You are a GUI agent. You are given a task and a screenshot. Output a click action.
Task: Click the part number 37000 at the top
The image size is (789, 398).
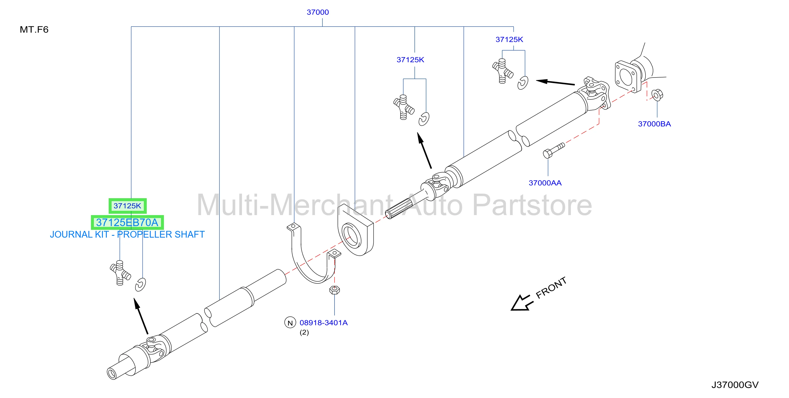pos(318,12)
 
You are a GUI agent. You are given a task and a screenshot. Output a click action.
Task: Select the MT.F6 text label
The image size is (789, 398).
pos(34,30)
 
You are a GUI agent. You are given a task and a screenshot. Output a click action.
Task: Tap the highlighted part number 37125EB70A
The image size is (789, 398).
pos(127,222)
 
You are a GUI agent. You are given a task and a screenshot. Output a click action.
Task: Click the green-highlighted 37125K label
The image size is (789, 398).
pos(127,206)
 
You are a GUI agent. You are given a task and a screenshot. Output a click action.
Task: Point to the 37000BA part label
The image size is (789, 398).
pos(654,124)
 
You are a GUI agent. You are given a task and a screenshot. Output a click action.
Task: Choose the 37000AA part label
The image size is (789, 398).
pos(545,183)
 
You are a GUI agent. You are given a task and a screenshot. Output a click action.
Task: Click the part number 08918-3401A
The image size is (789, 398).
pos(324,323)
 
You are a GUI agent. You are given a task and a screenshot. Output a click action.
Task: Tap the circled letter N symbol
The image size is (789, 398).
pos(290,323)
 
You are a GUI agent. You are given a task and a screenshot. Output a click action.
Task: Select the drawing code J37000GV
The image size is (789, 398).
pos(735,385)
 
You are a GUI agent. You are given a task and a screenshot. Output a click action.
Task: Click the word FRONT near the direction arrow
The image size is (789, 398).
pos(551,288)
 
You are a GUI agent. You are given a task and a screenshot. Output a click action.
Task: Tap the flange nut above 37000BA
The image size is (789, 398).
pos(656,95)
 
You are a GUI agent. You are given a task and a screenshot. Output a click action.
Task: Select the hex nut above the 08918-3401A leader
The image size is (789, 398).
pos(335,290)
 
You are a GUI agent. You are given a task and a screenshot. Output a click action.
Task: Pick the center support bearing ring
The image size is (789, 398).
pos(352,236)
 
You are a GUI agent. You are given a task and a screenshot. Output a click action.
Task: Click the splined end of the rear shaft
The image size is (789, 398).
pos(398,208)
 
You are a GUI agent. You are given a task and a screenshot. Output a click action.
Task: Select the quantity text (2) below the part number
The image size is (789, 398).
pos(304,333)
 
